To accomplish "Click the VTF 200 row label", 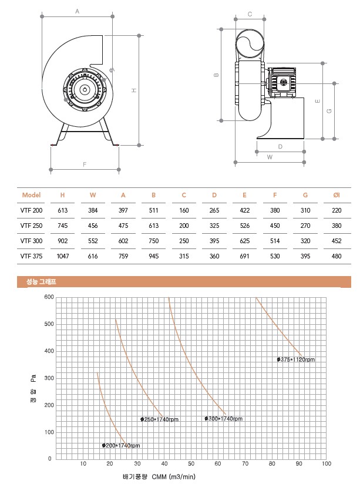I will (x=32, y=210).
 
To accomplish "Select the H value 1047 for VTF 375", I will (x=62, y=256).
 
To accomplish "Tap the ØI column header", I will (x=336, y=194).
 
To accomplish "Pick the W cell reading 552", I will (x=93, y=240).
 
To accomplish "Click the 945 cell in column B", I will (x=153, y=256).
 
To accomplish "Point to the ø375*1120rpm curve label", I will (x=296, y=359).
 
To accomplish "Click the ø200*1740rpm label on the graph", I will (x=121, y=446).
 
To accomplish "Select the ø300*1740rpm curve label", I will (x=223, y=419).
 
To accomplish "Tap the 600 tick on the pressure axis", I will (x=49, y=297).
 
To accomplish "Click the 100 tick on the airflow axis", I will (x=326, y=464).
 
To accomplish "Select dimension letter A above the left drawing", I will (x=77, y=11).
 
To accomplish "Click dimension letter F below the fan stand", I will (x=85, y=164).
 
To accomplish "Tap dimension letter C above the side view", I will (x=250, y=14).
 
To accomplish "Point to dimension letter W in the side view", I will (x=270, y=157).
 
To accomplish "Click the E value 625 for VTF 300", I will (x=244, y=240).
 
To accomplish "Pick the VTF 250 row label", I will (x=32, y=225).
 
